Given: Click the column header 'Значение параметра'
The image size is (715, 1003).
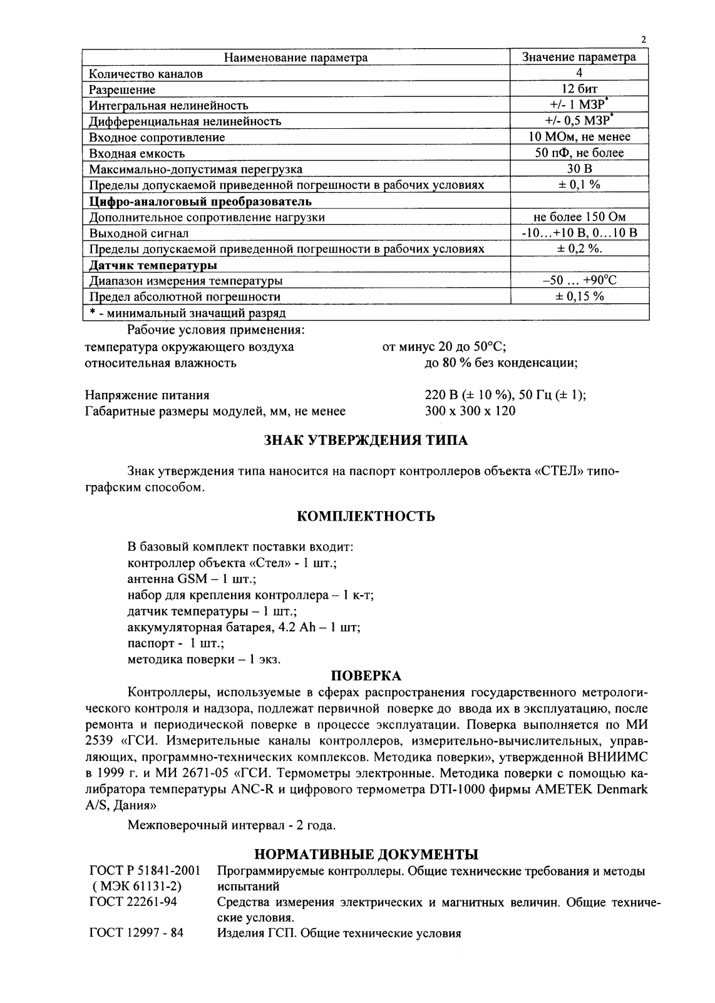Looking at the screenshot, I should (x=579, y=58).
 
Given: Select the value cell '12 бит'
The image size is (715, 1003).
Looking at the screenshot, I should (x=579, y=89).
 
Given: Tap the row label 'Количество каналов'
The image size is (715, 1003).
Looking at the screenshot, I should (x=146, y=74).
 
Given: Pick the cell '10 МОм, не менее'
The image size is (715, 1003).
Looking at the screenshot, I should (x=579, y=137).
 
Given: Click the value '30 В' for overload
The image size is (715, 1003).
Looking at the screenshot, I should (x=579, y=169).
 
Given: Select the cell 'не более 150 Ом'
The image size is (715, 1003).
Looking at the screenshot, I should (x=579, y=217).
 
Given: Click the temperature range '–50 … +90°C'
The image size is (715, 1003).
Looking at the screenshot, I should (x=579, y=281).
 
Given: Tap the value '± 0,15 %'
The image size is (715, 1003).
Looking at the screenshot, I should (x=579, y=297).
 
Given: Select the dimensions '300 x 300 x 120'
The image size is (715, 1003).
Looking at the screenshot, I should (x=470, y=411).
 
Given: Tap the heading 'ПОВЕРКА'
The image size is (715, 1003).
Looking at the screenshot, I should (x=366, y=676).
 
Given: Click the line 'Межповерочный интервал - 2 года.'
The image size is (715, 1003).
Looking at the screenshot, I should (x=232, y=825).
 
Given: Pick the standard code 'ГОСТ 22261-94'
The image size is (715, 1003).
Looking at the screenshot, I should (x=133, y=903).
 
